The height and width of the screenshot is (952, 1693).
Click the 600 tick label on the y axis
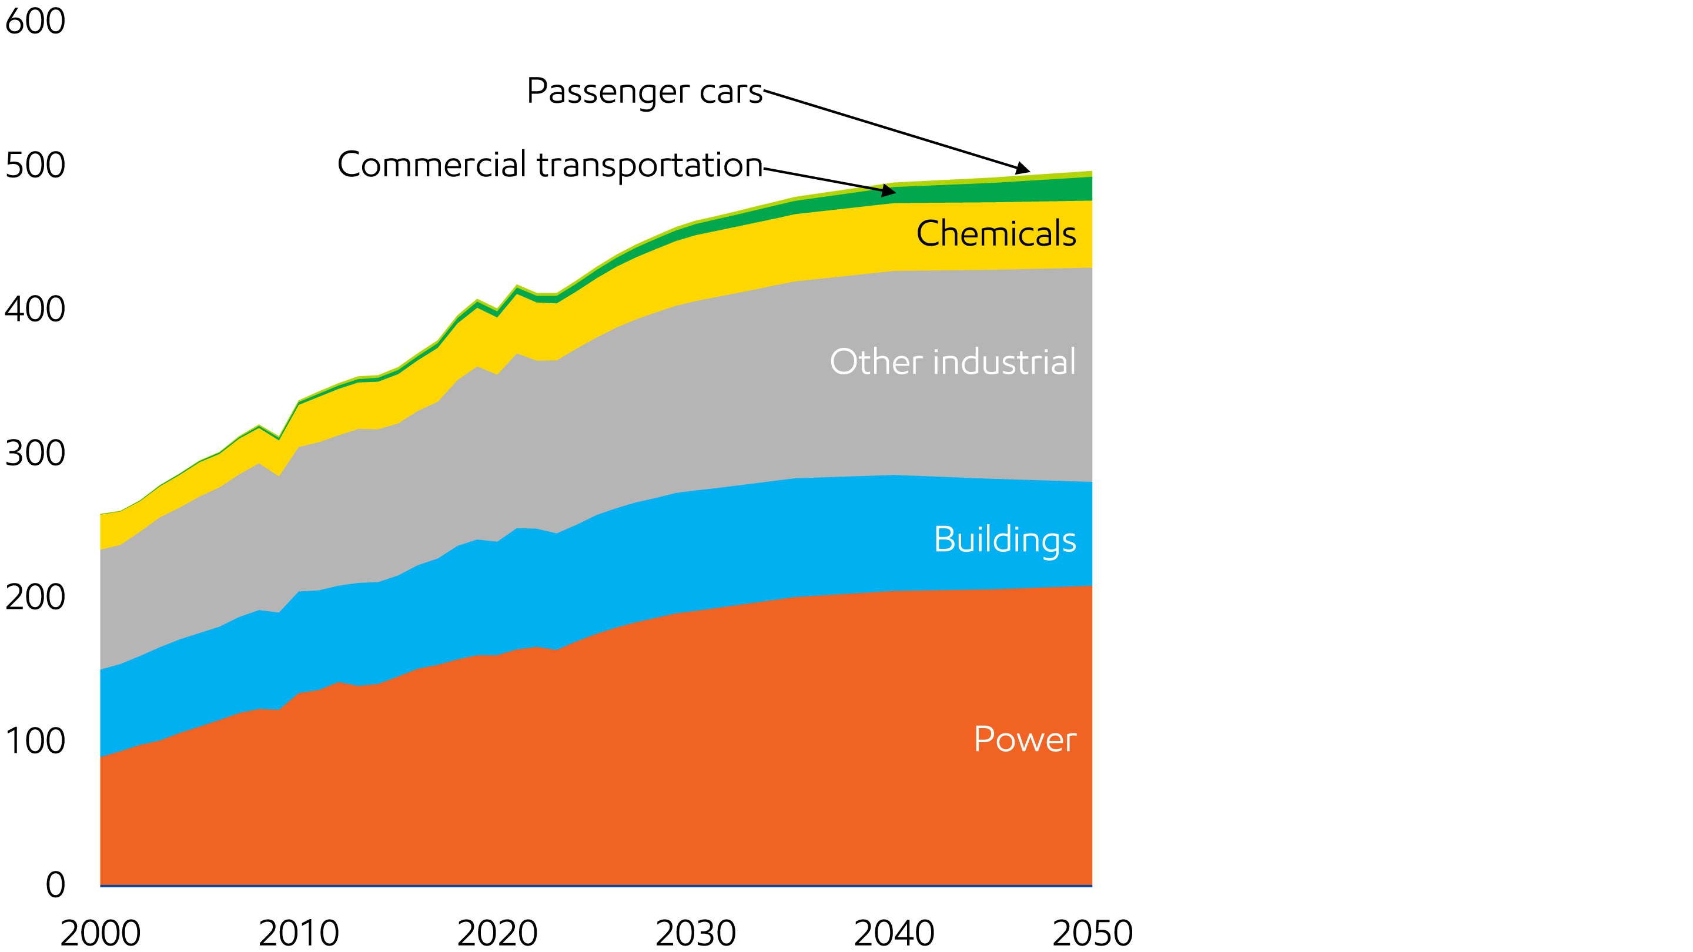point(35,21)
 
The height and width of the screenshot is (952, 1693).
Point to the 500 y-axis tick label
point(35,165)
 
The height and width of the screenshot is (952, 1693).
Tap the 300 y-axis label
point(35,452)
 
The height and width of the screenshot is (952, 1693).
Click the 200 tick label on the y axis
point(35,596)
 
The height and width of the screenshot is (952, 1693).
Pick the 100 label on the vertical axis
point(35,740)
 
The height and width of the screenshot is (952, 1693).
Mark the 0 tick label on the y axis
point(56,884)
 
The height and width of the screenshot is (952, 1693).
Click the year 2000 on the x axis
point(101,933)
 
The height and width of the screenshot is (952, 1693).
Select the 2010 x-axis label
point(299,933)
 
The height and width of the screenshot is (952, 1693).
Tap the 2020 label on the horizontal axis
point(497,933)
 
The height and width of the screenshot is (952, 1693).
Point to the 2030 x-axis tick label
point(696,933)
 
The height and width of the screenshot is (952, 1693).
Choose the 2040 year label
point(895,933)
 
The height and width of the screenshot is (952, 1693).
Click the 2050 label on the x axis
point(1093,933)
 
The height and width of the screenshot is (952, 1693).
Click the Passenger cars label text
point(645,91)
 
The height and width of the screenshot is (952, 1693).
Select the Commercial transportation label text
point(550,165)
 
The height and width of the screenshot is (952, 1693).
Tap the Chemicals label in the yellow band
point(996,233)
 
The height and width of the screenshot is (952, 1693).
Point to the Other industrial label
point(953,361)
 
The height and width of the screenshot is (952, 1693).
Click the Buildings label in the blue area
point(1005,539)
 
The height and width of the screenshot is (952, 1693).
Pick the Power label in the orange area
point(1025,739)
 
